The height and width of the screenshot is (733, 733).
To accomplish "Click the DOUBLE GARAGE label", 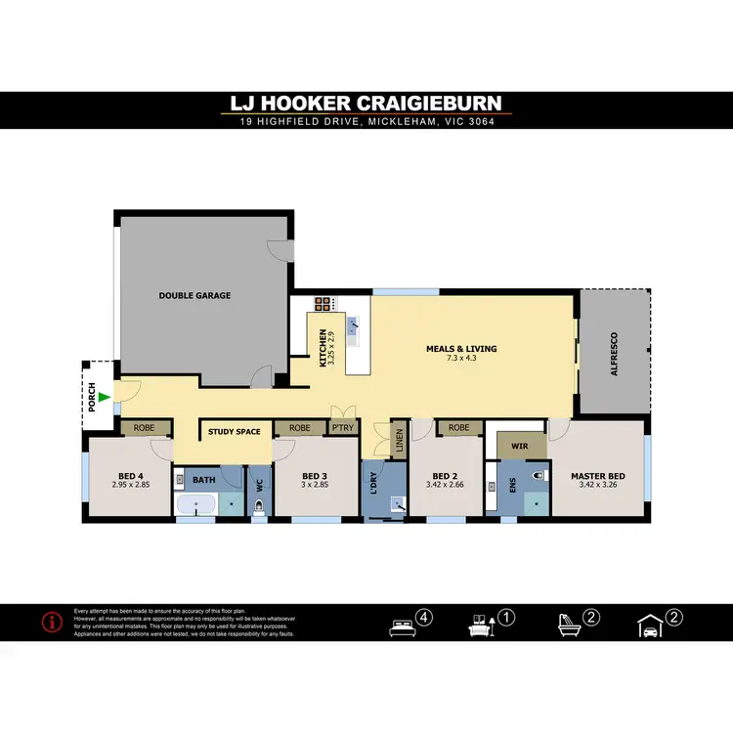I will [x=195, y=295].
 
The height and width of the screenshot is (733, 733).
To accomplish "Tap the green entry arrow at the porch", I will [x=105, y=397].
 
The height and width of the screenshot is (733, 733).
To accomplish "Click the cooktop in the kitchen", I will [x=323, y=303].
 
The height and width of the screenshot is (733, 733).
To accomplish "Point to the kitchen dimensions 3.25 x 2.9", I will [x=332, y=349].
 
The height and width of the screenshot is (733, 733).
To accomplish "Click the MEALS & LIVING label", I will [x=461, y=349].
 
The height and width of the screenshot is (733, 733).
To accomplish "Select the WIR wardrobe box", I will [x=520, y=445].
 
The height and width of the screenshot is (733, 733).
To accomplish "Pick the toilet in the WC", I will [x=258, y=506].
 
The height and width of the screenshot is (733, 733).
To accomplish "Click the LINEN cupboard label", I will [x=398, y=439].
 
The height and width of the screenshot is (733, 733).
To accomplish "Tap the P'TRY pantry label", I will [x=341, y=428].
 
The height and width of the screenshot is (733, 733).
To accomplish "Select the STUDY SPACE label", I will [x=234, y=430].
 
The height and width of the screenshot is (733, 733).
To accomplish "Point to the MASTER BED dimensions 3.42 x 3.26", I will [x=598, y=484].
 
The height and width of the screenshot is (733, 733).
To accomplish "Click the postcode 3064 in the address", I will [x=480, y=122].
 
